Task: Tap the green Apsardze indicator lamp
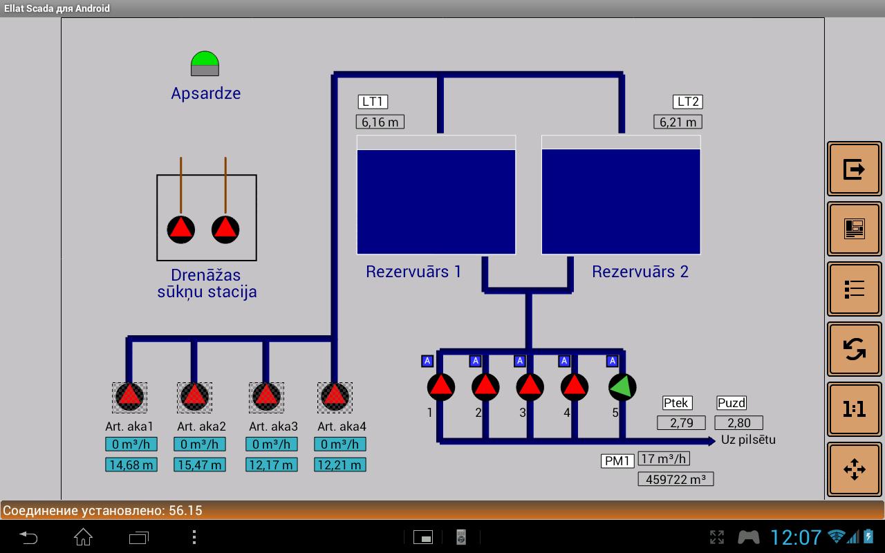coord(205,63)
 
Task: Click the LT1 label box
coord(373,102)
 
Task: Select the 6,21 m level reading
coord(678,122)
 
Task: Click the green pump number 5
coord(622,387)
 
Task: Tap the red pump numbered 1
coord(441,387)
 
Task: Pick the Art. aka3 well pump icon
coord(266,397)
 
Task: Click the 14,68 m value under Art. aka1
coord(131,465)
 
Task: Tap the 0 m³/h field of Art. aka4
coord(340,444)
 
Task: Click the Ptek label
coord(677,403)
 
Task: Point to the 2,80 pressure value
coord(738,422)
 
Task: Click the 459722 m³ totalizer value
coord(676,478)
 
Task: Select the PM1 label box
coord(617,460)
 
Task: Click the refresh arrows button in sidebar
coord(855,349)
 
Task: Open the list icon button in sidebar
coord(855,289)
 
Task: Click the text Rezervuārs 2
coord(640,272)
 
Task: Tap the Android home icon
coord(83,536)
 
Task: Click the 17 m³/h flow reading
coord(664,458)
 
